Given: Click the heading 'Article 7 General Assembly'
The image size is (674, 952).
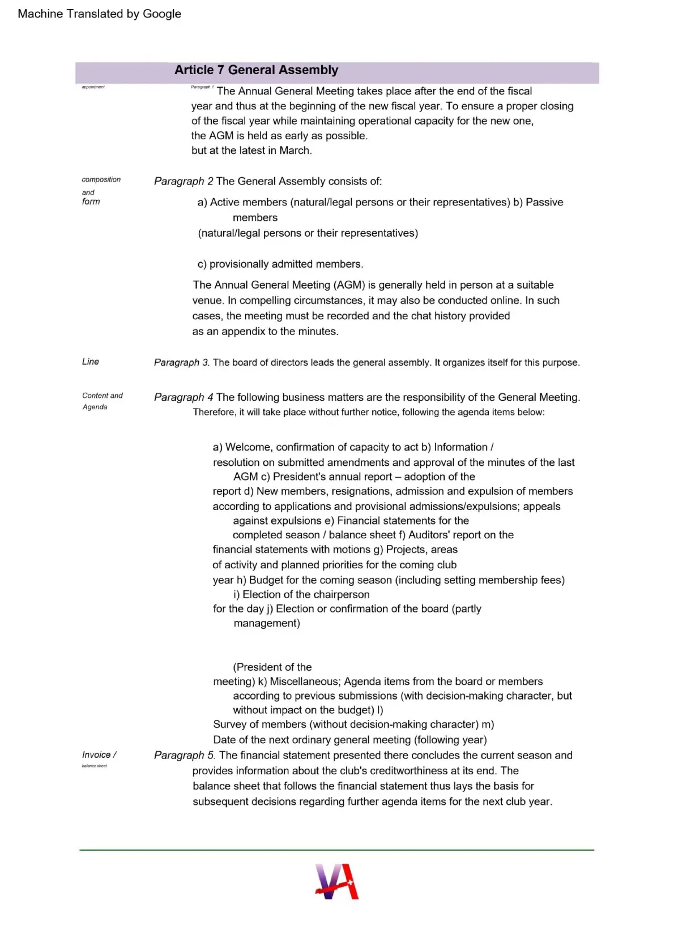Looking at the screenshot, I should click(256, 70).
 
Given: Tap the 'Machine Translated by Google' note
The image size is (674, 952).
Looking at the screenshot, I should click(99, 14).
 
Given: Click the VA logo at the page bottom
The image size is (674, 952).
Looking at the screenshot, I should click(337, 881).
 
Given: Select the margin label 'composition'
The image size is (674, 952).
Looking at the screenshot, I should click(101, 179).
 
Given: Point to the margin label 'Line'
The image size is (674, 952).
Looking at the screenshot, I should click(91, 362).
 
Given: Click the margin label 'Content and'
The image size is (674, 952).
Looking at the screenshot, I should click(103, 396).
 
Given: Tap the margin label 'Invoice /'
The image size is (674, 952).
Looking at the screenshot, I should click(99, 755).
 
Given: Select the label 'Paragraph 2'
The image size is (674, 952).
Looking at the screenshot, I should click(184, 181).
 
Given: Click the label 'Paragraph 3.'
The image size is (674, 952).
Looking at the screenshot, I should click(182, 362).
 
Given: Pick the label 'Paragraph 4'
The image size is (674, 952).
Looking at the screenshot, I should click(184, 397).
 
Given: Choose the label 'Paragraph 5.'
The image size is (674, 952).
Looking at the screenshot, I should click(185, 755).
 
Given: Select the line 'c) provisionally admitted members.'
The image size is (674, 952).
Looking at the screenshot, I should click(280, 264).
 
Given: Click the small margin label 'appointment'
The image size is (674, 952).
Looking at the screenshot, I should click(93, 87).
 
